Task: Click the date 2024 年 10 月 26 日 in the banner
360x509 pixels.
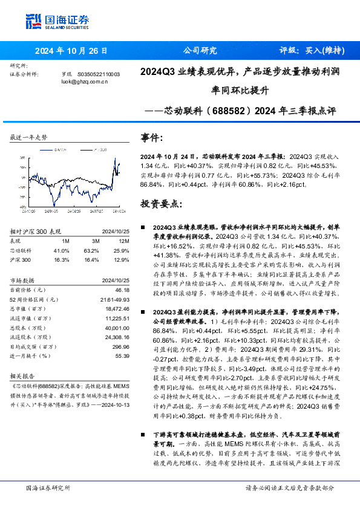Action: click(71, 51)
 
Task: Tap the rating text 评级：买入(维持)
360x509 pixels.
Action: click(312, 51)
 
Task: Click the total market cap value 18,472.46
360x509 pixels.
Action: click(117, 308)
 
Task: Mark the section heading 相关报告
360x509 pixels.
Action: click(23, 374)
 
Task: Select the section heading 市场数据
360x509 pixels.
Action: click(23, 281)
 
